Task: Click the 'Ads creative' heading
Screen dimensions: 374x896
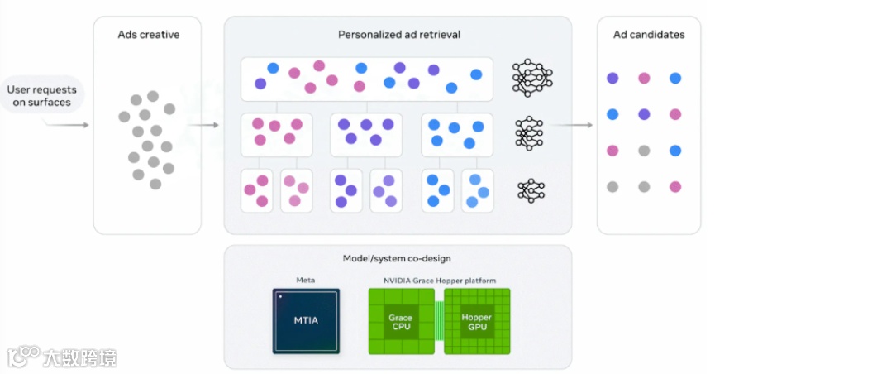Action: tap(148, 35)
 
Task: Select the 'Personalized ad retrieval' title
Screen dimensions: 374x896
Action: tap(399, 35)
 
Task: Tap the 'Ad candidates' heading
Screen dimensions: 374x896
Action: tap(649, 35)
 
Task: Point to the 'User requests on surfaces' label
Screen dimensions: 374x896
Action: tap(42, 96)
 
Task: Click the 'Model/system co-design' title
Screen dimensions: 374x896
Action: tap(397, 258)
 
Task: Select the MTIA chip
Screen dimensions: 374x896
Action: tap(306, 320)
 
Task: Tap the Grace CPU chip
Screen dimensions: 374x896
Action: tap(400, 321)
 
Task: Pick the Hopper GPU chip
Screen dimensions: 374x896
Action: tap(477, 321)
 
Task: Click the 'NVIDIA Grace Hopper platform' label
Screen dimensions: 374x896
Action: tap(440, 280)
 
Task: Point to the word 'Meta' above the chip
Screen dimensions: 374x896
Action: tap(306, 280)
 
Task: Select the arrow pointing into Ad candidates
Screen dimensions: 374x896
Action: tap(574, 125)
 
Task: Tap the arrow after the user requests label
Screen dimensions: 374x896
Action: tap(70, 125)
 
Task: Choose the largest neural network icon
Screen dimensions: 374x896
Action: tap(532, 78)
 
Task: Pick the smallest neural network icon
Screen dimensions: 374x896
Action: tap(529, 190)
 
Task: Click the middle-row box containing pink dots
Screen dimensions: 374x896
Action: tap(276, 134)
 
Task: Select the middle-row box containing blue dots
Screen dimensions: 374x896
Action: tap(456, 134)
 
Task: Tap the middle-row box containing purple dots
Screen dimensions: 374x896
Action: tap(366, 134)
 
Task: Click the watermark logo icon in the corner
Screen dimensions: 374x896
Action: tap(24, 357)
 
